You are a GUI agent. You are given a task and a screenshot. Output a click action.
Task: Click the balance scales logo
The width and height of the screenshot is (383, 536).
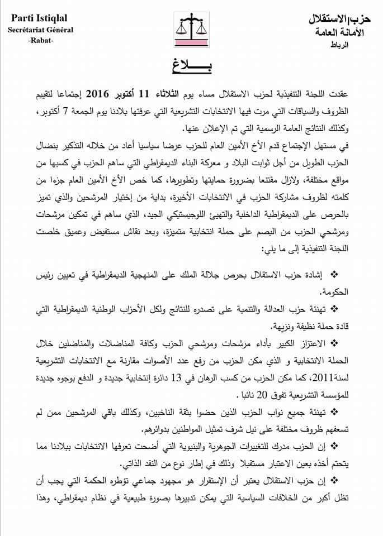(x=191, y=31)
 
